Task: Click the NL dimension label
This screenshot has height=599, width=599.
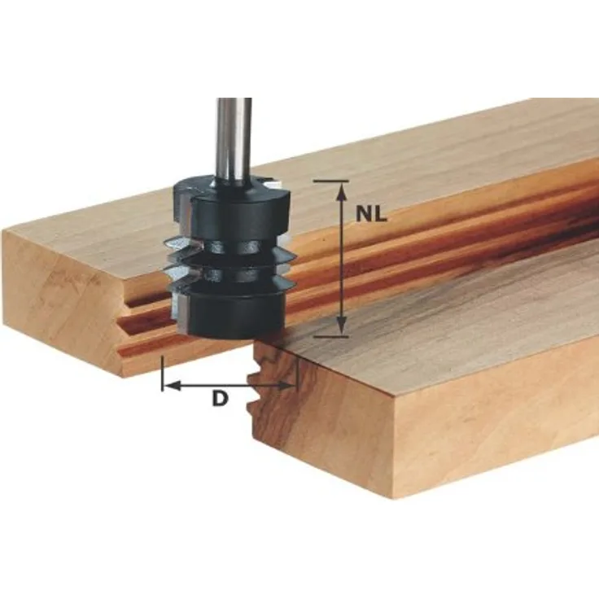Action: point(371,214)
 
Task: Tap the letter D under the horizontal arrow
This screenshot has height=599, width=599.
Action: point(220,400)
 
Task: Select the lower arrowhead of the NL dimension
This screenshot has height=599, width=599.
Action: point(343,326)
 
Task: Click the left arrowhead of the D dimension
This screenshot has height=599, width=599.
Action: point(173,386)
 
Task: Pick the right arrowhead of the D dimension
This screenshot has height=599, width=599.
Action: point(286,386)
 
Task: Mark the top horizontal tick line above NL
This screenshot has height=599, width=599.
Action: point(330,181)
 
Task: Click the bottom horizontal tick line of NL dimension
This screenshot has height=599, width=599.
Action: point(331,337)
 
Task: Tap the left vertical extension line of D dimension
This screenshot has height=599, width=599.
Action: point(163,374)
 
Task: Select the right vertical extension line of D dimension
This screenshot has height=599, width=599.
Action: point(297,374)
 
